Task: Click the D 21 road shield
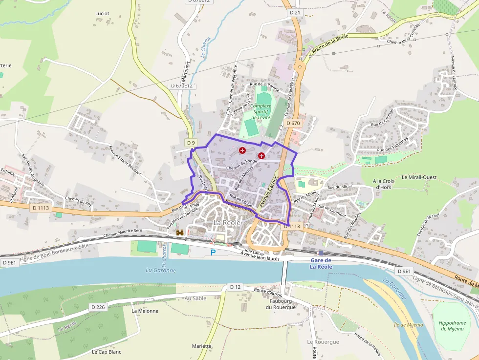[294, 12]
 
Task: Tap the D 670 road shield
[293, 123]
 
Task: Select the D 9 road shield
[191, 143]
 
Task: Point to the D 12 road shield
[235, 287]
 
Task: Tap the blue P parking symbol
[213, 253]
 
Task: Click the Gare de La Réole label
[321, 264]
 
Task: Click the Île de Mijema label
[408, 324]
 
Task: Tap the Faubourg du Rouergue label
[282, 304]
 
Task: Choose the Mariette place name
[202, 346]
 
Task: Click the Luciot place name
[102, 13]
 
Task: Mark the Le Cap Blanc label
[106, 352]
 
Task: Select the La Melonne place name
[145, 311]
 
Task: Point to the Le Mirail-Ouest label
[419, 177]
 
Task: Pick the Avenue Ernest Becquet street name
[125, 160]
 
